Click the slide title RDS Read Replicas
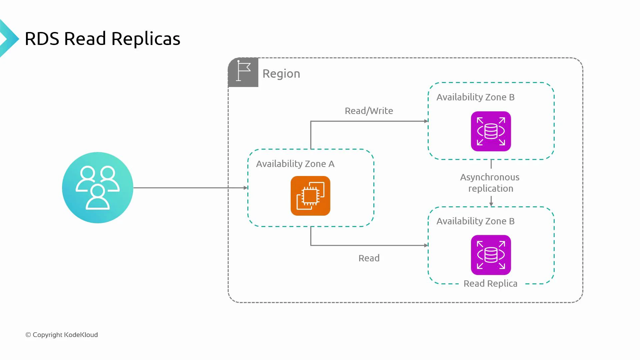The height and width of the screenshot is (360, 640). pyautogui.click(x=102, y=39)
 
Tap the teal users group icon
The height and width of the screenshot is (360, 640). pyautogui.click(x=98, y=188)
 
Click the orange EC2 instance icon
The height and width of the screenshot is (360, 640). pyautogui.click(x=310, y=196)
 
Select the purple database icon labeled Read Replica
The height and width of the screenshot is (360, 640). pyautogui.click(x=491, y=255)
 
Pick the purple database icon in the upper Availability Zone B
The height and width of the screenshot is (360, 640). pyautogui.click(x=491, y=131)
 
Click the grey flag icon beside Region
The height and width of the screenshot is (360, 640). pyautogui.click(x=243, y=72)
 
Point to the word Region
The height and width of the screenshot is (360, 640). pyautogui.click(x=281, y=74)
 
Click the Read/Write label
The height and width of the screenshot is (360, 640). pyautogui.click(x=369, y=111)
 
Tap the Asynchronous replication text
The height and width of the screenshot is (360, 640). pyautogui.click(x=490, y=183)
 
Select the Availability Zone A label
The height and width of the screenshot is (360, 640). pyautogui.click(x=295, y=164)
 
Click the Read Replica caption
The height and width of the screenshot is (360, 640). pyautogui.click(x=490, y=283)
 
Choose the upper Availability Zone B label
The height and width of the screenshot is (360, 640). pyautogui.click(x=475, y=97)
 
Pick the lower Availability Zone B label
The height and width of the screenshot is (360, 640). pyautogui.click(x=475, y=221)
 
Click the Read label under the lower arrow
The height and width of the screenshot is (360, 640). pyautogui.click(x=369, y=258)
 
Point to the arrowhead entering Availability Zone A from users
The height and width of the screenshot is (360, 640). pyautogui.click(x=246, y=188)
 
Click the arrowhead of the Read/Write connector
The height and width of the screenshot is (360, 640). pyautogui.click(x=426, y=121)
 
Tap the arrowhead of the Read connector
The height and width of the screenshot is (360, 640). pyautogui.click(x=426, y=245)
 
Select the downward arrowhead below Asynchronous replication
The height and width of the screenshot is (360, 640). pyautogui.click(x=491, y=204)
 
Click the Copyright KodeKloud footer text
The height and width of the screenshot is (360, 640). pyautogui.click(x=62, y=335)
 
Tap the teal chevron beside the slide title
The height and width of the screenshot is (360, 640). pyautogui.click(x=8, y=39)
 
